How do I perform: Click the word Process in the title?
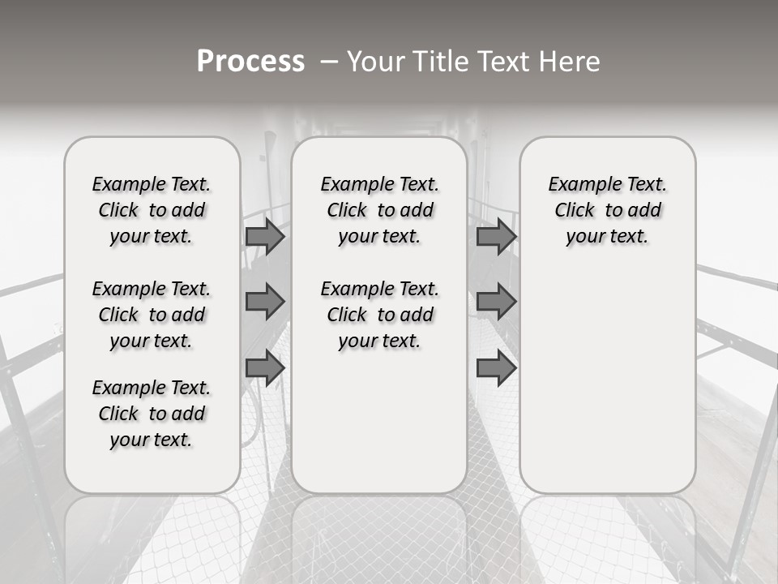250,62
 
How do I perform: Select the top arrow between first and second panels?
265,236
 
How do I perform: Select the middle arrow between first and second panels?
265,302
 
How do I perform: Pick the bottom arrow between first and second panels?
265,367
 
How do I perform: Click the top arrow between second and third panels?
496,236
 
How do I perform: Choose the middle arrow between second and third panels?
496,302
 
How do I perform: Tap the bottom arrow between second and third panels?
496,367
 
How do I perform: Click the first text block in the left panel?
152,210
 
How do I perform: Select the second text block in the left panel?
152,315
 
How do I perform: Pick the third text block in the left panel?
152,414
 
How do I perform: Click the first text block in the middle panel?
379,210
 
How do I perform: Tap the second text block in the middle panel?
379,315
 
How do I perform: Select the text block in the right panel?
607,210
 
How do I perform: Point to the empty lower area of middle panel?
379,422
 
